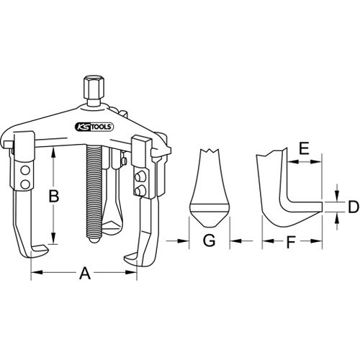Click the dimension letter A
[85, 274]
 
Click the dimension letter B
[54, 197]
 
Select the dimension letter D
[354, 207]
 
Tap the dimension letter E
[304, 148]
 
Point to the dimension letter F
[291, 242]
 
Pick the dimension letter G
[209, 240]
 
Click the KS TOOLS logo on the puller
[94, 127]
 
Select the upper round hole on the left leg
[25, 171]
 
